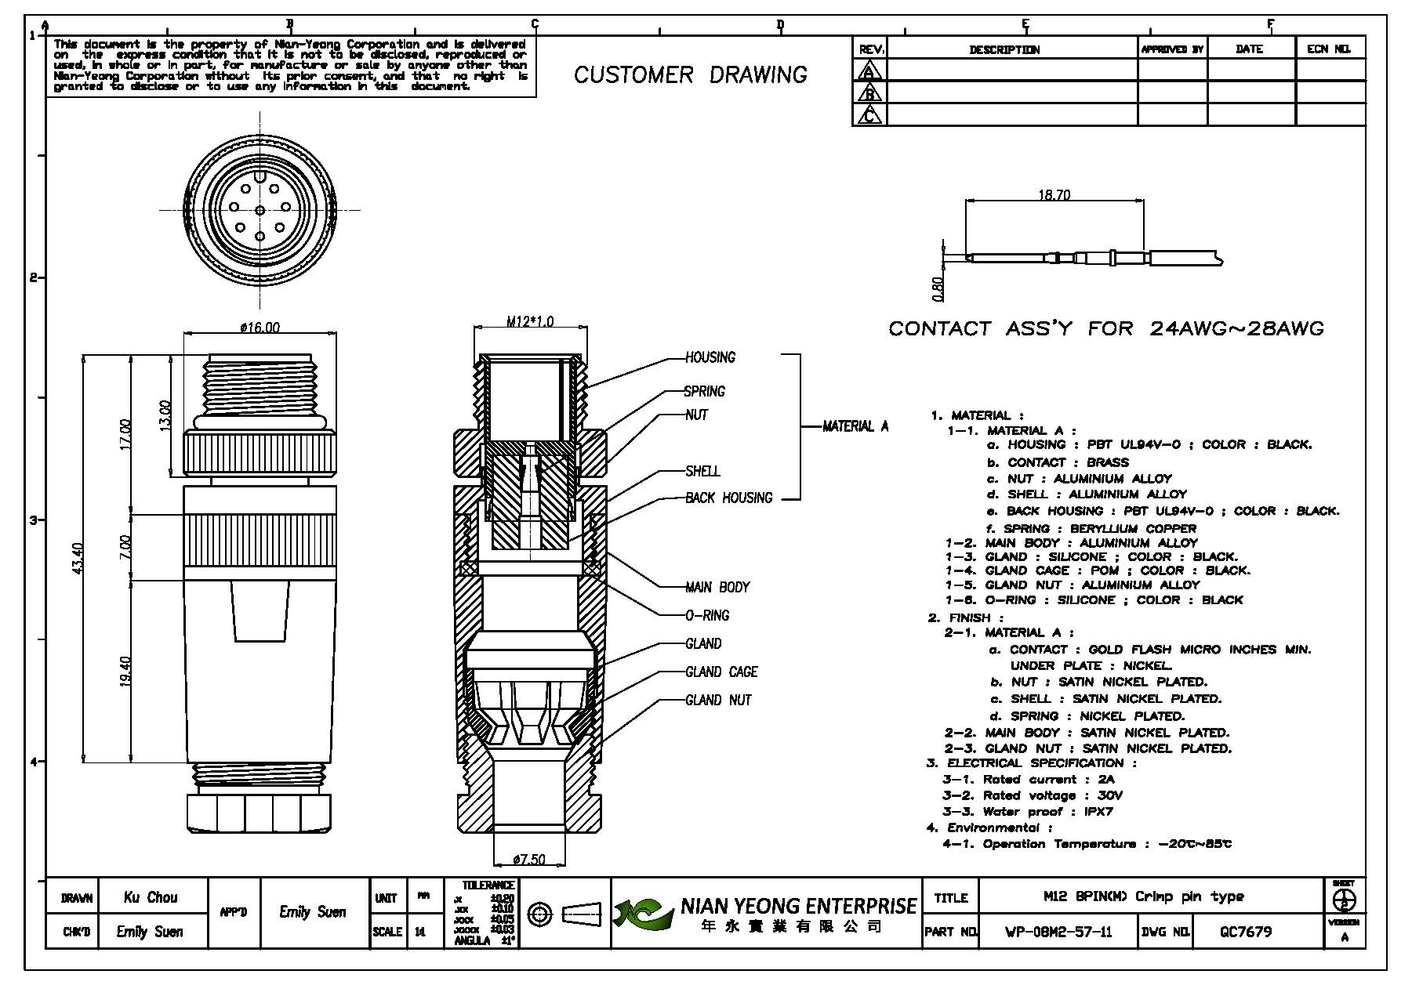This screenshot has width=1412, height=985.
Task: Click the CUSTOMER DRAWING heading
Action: [690, 75]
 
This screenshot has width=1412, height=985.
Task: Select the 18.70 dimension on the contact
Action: [1054, 195]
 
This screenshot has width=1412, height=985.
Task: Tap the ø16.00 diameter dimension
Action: [260, 327]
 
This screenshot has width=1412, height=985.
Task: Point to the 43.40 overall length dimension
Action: [77, 557]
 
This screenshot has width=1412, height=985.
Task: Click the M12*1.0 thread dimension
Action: [529, 321]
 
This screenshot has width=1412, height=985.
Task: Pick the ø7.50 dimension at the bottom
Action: [529, 860]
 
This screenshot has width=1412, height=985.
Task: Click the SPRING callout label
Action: [704, 391]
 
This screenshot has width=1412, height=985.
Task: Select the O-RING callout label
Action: [707, 615]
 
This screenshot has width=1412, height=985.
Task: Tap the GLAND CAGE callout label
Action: [721, 672]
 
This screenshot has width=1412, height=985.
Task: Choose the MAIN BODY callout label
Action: [717, 587]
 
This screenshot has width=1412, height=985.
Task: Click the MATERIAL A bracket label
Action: [855, 426]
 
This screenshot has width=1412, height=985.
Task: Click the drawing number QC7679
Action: [1246, 932]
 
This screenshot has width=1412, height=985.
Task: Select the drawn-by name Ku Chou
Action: [151, 897]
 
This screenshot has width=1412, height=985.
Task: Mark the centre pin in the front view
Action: [260, 209]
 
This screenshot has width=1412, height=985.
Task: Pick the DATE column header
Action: [1249, 49]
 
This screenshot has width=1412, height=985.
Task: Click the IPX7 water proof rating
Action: [1098, 812]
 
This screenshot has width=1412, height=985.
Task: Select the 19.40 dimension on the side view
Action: [125, 670]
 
